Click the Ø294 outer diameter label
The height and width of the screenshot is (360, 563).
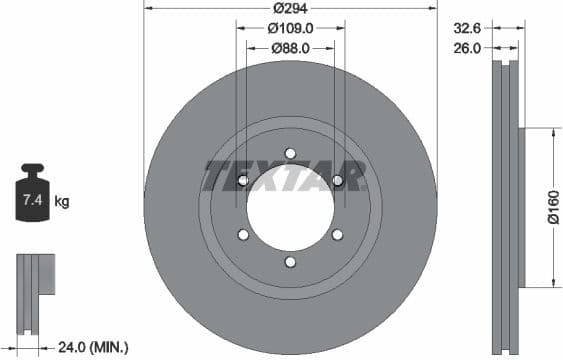(x=290, y=8)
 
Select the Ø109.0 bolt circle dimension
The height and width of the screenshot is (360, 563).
(x=290, y=28)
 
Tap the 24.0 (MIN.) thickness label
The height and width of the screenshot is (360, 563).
(x=91, y=347)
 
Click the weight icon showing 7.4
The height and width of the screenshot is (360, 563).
(x=34, y=196)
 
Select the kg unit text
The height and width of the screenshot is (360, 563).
(x=62, y=202)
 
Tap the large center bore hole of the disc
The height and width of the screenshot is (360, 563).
(x=290, y=208)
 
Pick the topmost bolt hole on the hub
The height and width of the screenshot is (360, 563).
(x=290, y=153)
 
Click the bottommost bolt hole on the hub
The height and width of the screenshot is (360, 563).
(x=290, y=262)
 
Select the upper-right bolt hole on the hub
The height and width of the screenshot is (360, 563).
(x=337, y=181)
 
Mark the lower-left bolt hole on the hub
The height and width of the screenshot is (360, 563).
(x=243, y=235)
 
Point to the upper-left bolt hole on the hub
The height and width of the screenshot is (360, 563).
(x=243, y=181)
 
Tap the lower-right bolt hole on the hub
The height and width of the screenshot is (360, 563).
(x=337, y=235)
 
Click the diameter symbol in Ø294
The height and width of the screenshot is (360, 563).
(x=276, y=8)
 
